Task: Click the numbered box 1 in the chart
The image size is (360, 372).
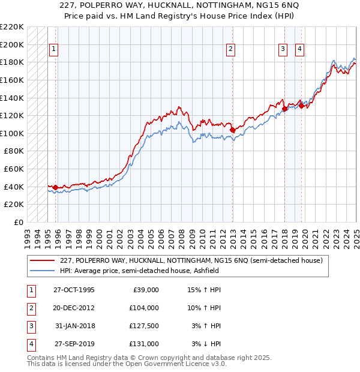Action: pos(54,49)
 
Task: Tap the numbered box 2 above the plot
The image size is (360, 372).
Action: pos(231,49)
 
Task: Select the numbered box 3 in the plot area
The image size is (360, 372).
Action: pos(283,49)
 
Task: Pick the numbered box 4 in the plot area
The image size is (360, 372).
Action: pos(299,49)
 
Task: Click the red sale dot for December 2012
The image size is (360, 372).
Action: pos(232,130)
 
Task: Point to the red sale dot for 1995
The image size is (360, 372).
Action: pos(56,187)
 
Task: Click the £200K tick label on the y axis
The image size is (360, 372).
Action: pos(12,44)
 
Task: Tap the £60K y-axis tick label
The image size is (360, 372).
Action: pos(14,169)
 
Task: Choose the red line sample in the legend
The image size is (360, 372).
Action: pos(43,260)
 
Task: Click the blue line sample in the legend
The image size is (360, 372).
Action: pos(43,271)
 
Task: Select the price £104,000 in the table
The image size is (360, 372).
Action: pos(144,308)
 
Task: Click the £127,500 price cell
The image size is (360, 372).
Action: pos(144,326)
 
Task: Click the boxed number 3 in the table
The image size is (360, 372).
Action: pos(30,326)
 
